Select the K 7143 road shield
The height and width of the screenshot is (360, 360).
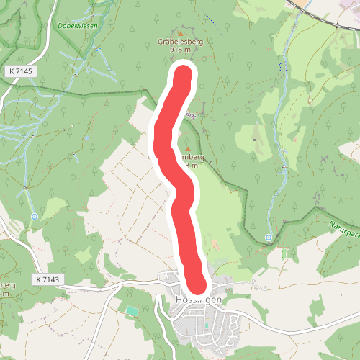[x=48, y=279]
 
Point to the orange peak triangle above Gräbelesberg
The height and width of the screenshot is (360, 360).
[x=180, y=33]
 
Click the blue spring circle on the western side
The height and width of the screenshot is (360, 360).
[x=35, y=215]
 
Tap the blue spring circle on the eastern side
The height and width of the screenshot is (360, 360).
[x=269, y=237]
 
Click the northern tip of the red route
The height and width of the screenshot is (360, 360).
[x=184, y=74]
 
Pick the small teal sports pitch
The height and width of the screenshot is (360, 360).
[x=131, y=310]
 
